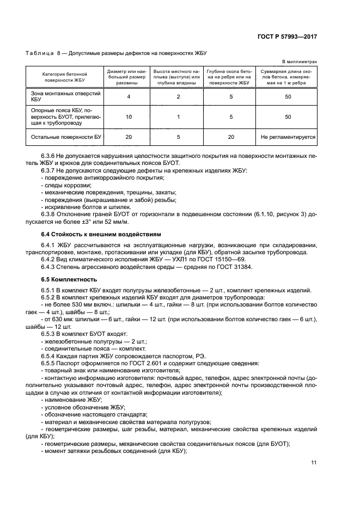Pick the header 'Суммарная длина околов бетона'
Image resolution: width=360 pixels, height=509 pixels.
tap(288, 77)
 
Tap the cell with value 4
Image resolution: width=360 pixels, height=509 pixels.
tap(129, 96)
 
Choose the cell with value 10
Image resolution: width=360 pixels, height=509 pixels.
tap(129, 116)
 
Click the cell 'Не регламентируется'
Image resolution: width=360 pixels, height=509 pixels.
tap(288, 137)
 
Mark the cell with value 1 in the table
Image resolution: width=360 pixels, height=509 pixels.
tap(178, 116)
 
